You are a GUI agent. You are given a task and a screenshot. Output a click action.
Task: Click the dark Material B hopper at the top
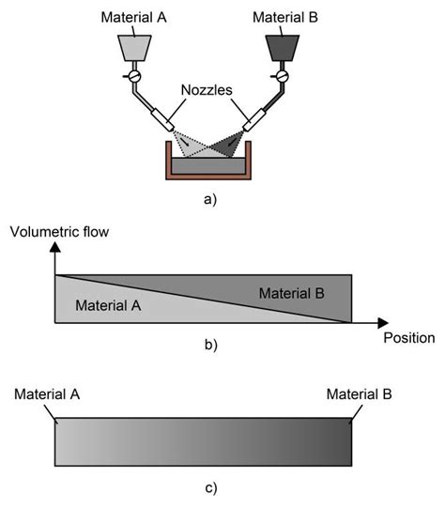click(280, 48)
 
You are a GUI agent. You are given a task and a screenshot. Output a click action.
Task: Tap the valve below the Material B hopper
click(280, 75)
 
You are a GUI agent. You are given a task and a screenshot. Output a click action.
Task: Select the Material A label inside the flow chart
click(107, 305)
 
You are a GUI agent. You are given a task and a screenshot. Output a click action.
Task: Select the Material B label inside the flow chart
click(291, 294)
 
